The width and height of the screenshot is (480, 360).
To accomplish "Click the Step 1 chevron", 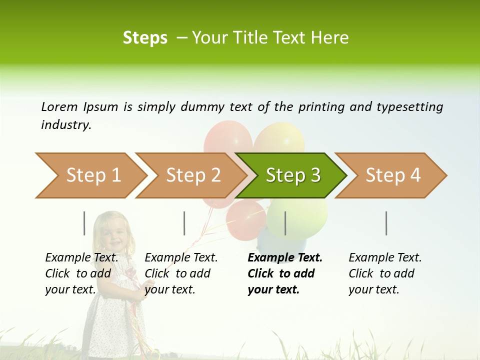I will tap(93, 175).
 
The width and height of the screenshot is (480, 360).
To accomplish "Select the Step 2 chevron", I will tap(193, 175).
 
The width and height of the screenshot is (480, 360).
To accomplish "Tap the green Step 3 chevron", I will tap(292, 175).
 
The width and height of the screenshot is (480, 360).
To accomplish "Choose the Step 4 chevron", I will tap(393, 175).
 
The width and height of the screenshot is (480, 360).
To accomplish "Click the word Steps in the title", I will tap(145, 37).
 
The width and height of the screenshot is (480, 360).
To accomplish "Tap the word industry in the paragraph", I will tap(65, 124).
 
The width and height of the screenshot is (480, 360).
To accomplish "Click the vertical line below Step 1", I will tap(84, 223).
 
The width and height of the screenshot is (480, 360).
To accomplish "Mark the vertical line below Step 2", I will tap(184, 223).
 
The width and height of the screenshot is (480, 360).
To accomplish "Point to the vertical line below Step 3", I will tap(285, 223).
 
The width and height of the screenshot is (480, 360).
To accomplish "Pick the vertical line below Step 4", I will tap(386, 223).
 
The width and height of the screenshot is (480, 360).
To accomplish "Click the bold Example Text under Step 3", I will tap(285, 258).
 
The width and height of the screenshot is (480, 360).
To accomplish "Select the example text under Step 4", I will tap(384, 273).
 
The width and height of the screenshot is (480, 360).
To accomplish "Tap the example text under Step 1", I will tap(81, 273).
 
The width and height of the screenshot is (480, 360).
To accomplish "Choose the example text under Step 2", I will tap(181, 273).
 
